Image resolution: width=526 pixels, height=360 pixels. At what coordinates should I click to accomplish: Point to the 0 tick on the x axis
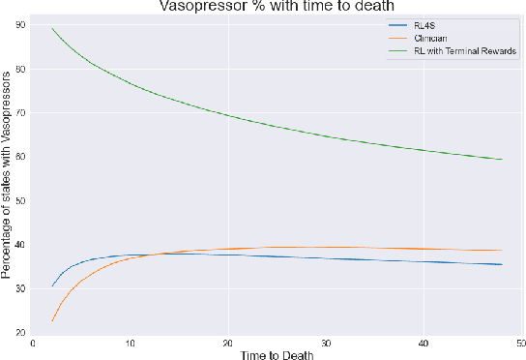point(33,342)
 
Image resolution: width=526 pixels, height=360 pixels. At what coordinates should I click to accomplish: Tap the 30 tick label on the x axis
point(326,342)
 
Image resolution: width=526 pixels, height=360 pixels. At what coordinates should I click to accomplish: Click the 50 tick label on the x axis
point(520,342)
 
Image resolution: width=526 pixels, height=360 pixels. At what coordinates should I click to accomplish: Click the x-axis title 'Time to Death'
point(278,353)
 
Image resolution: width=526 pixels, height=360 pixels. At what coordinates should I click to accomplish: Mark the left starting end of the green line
point(52,29)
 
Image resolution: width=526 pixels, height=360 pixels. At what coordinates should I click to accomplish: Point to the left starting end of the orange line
point(52,320)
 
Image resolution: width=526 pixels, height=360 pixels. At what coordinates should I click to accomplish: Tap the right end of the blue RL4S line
point(502,264)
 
